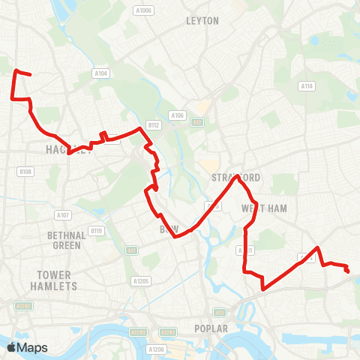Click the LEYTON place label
point(202,21)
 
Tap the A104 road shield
point(102,73)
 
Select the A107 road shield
point(63,215)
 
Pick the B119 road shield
point(95,230)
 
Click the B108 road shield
point(25,172)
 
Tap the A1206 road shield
point(156,349)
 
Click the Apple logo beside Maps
point(12,347)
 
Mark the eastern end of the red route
point(348,271)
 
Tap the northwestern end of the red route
point(16,71)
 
